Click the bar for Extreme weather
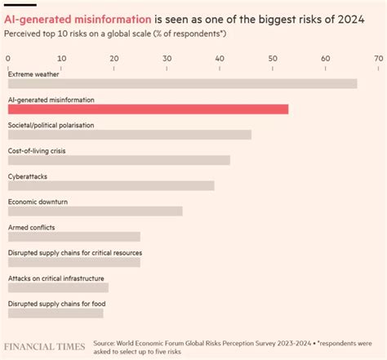[x=182, y=84]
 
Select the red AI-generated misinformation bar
[x=148, y=109]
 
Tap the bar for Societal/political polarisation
[x=129, y=135]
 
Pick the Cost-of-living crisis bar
[x=118, y=160]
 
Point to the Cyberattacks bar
[x=111, y=185]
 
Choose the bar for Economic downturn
[x=95, y=211]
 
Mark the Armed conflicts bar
[x=73, y=237]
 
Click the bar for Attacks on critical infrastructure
[x=58, y=287]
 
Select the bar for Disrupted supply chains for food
[x=56, y=313]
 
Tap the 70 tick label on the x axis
[x=378, y=59]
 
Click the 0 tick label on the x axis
[x=8, y=59]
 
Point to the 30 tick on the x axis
[x=167, y=59]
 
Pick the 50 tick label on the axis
[x=273, y=59]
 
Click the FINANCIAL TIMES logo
[x=44, y=347]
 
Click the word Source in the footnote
[x=105, y=343]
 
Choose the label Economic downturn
[x=37, y=202]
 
